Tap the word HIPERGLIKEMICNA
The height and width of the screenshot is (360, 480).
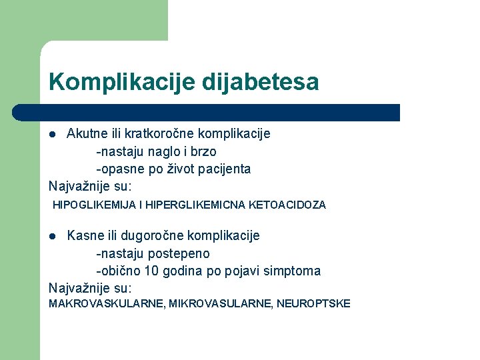click(x=199, y=205)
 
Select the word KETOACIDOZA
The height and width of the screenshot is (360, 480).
click(x=287, y=205)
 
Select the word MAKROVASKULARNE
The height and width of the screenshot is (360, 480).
click(x=106, y=304)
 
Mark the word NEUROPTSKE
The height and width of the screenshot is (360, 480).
click(x=313, y=304)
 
